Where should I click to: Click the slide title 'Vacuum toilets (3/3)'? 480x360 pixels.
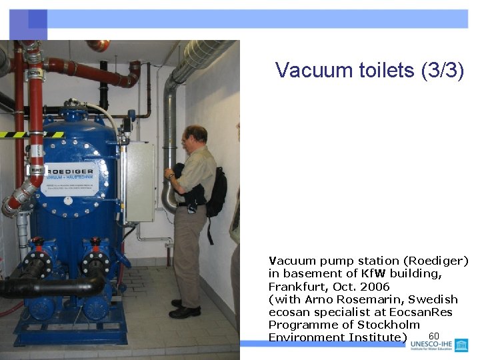369,70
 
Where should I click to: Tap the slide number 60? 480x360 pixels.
434,336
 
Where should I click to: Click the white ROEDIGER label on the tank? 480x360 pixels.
69,180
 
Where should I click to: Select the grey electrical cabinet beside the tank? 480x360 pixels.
139,181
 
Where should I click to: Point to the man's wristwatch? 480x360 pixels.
171,176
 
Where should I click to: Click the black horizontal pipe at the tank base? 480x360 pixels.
53,287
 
